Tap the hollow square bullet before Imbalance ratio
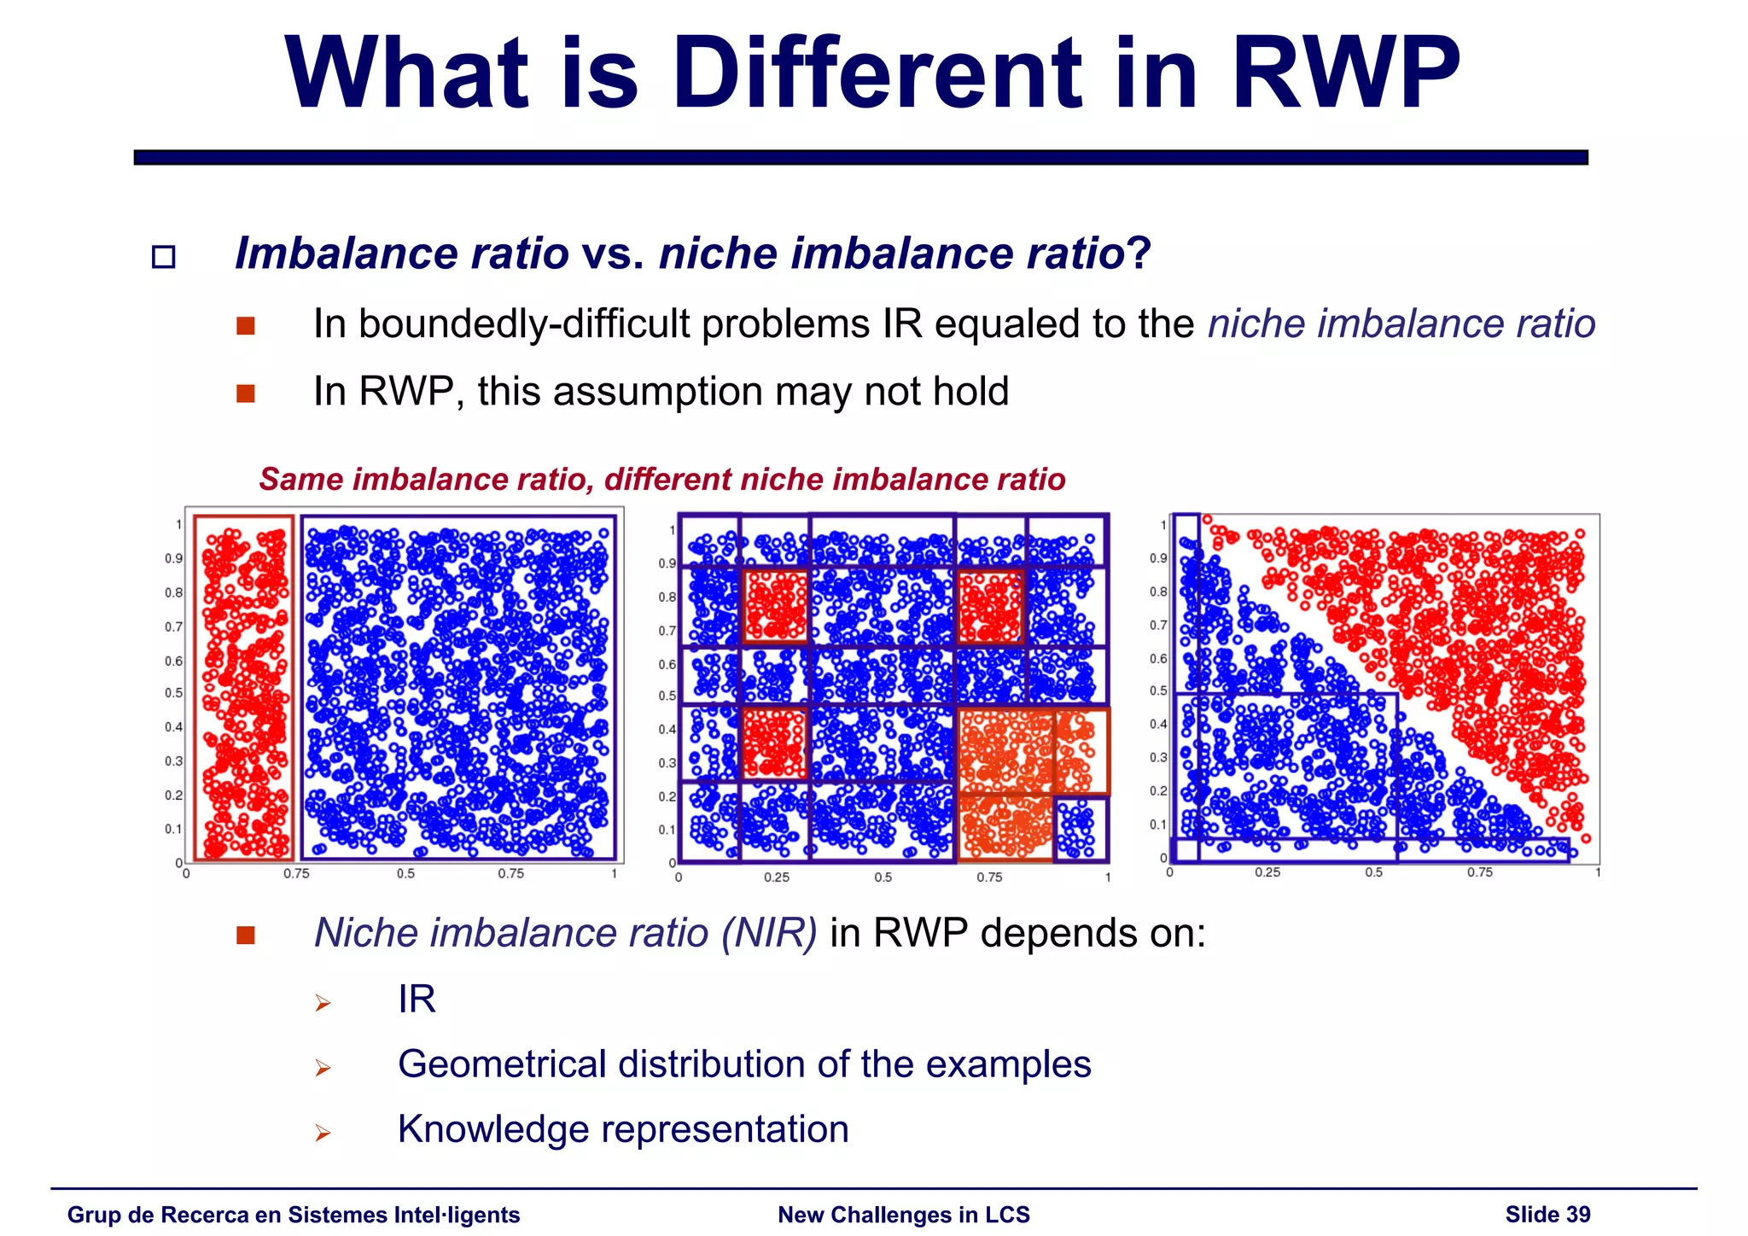coord(163,257)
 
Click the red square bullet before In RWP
coord(246,394)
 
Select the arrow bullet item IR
coord(417,999)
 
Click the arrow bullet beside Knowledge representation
coord(322,1133)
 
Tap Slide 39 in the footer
coord(1547,1215)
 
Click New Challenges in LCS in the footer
coord(904,1215)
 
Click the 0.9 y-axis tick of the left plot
coord(173,558)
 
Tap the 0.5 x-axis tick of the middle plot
coord(883,877)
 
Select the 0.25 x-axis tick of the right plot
coord(1267,872)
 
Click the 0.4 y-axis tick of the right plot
coord(1157,724)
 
